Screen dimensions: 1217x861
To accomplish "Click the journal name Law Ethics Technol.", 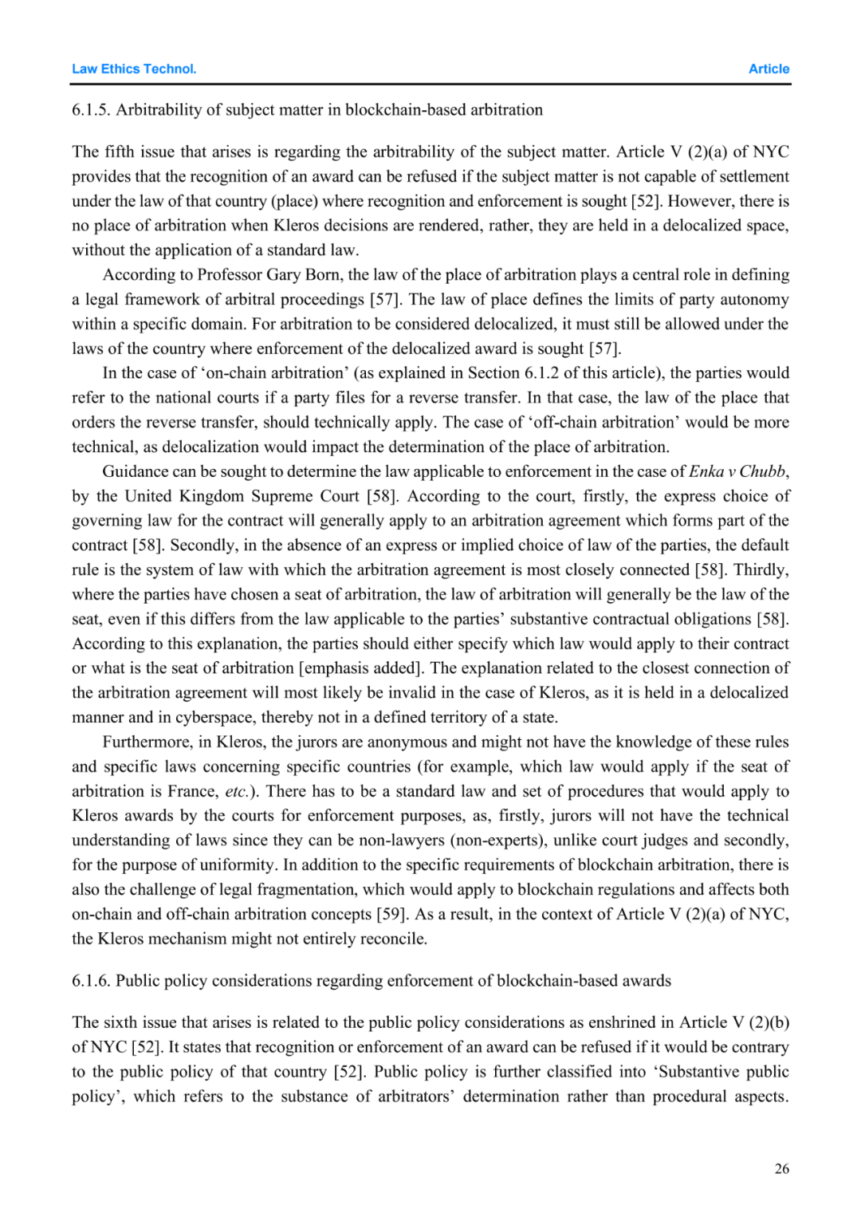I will pos(134,69).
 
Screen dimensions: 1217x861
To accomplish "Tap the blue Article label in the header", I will pos(769,69).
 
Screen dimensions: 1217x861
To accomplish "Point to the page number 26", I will pos(781,1168).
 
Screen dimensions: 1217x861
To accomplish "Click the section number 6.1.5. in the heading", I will pos(91,110).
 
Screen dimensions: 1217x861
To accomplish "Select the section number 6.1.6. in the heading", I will pos(91,981).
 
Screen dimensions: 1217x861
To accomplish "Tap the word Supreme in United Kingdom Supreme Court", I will pos(283,497).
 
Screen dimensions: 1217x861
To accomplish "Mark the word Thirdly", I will pos(761,570).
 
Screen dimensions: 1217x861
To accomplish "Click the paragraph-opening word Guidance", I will pos(136,472).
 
